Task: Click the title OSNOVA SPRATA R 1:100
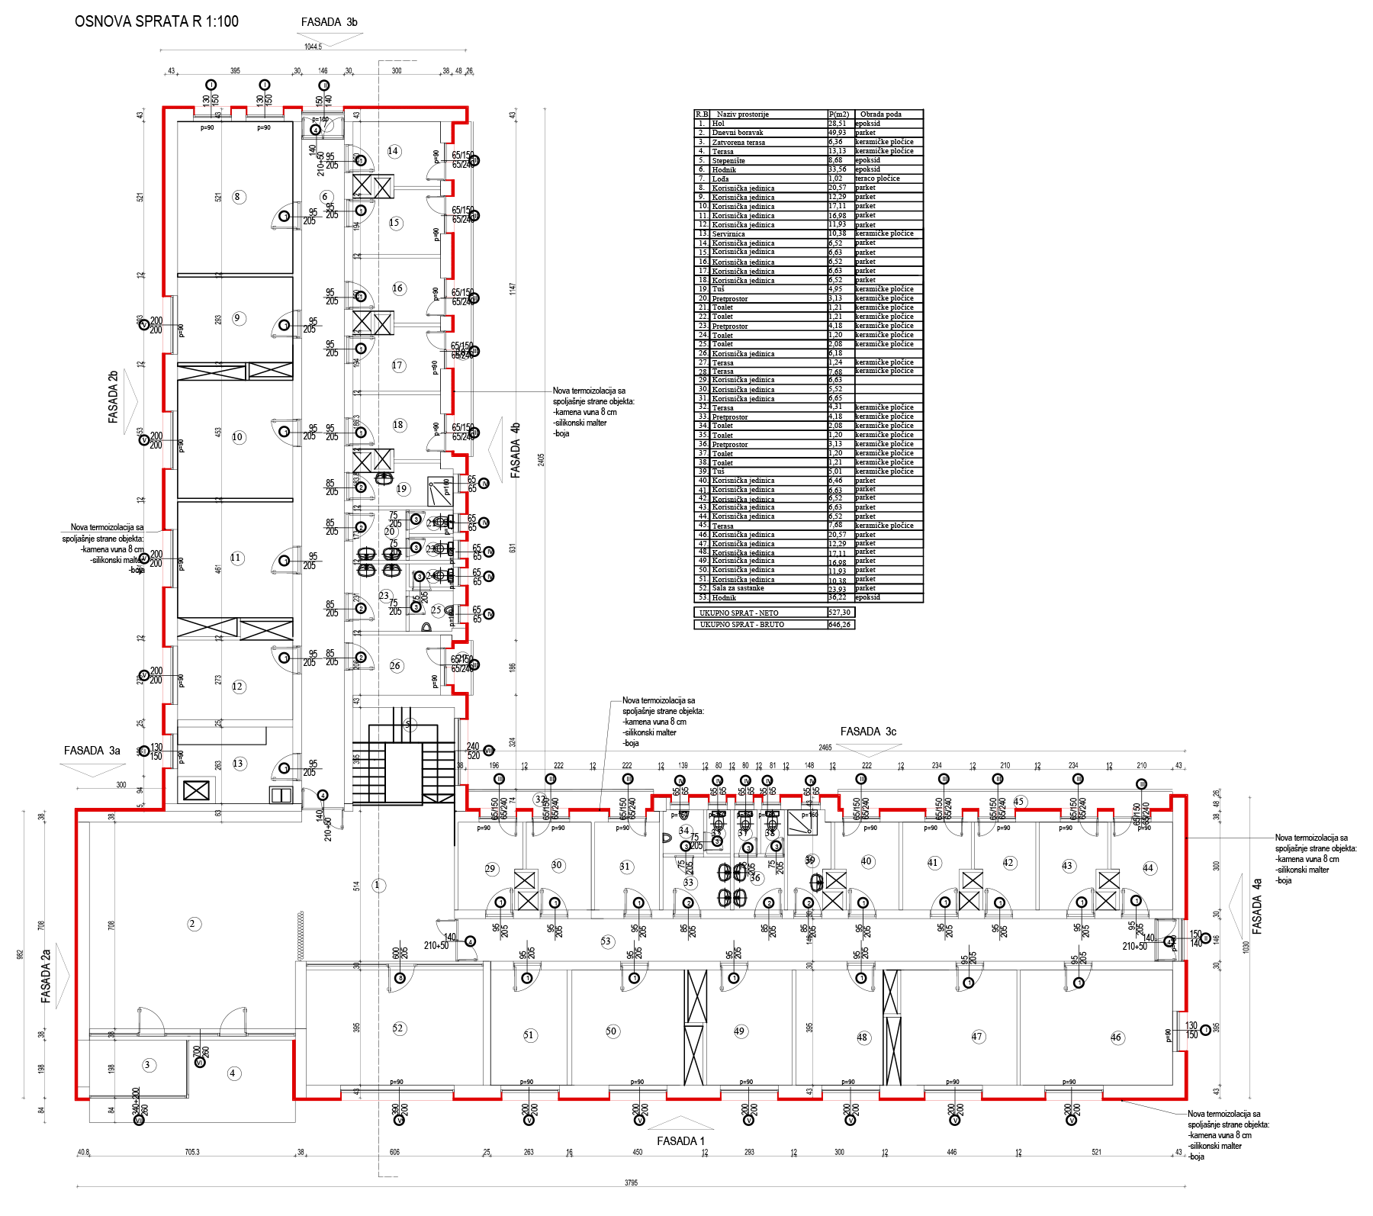156,21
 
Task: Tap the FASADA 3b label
329,22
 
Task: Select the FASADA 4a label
1257,906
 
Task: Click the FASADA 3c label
868,732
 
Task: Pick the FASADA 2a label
46,976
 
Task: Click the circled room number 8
237,197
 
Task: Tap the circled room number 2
192,924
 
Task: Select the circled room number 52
398,1028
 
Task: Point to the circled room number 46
1117,1037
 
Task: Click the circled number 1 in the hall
378,885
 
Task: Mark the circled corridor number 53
606,941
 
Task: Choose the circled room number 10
238,437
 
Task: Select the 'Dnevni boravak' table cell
737,133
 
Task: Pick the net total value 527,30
839,613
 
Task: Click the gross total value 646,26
839,625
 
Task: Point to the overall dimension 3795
631,1183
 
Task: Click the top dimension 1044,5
313,47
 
